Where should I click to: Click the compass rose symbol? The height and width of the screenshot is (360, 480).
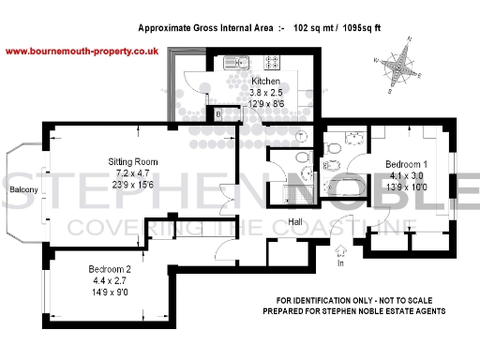click(x=403, y=66)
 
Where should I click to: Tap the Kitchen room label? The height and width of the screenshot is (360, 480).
click(x=265, y=82)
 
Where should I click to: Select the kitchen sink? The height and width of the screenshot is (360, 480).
click(x=234, y=63)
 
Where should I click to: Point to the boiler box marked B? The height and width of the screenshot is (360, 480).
click(x=218, y=114)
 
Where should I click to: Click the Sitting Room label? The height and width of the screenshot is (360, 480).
click(x=132, y=162)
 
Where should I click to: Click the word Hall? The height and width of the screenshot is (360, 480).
click(x=294, y=222)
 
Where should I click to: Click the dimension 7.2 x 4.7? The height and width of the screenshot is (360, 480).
click(x=133, y=173)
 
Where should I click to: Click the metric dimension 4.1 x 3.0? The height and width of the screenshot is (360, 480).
click(x=406, y=175)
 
